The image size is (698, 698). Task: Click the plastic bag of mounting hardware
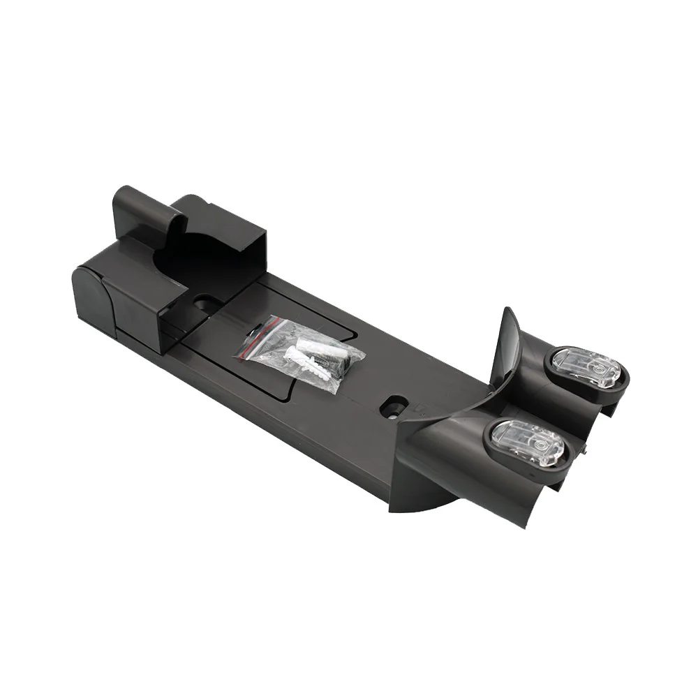300,352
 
